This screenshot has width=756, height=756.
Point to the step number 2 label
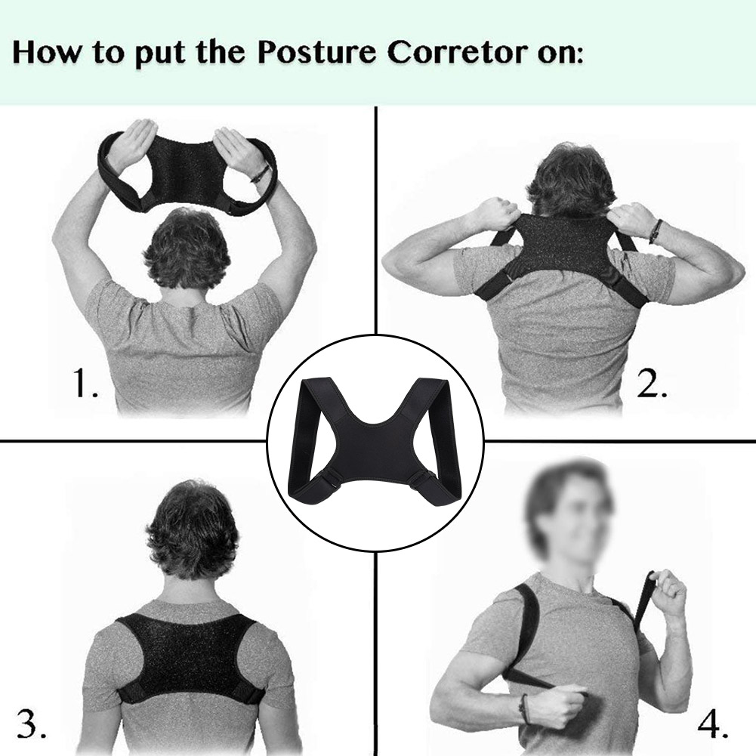pyautogui.click(x=651, y=385)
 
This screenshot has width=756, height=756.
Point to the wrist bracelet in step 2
pyautogui.click(x=655, y=230)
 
